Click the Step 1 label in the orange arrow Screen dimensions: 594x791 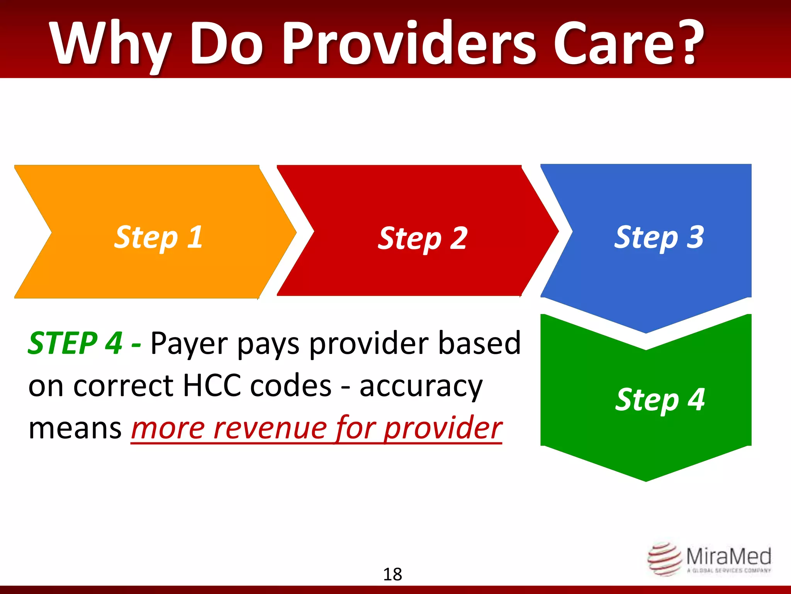158,237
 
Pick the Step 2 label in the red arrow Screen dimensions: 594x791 423,238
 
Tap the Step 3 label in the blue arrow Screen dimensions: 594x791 659,237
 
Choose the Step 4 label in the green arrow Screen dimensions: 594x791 660,399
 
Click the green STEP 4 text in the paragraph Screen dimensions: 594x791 76,343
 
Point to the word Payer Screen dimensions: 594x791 189,344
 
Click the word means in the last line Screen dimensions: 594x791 75,428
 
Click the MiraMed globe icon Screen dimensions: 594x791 664,559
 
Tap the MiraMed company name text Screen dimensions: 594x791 728,556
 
